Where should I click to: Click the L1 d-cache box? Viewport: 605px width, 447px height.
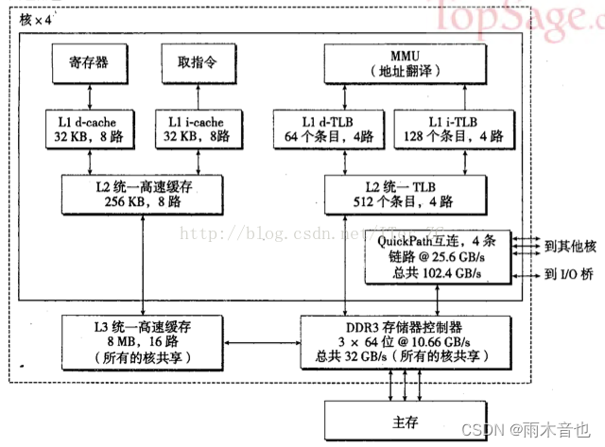pos(89,129)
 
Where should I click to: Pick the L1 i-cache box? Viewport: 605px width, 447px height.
pos(198,129)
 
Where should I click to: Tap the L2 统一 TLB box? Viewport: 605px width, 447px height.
pos(389,193)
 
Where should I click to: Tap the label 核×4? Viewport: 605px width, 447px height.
pos(37,20)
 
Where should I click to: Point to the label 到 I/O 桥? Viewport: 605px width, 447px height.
pos(569,275)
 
